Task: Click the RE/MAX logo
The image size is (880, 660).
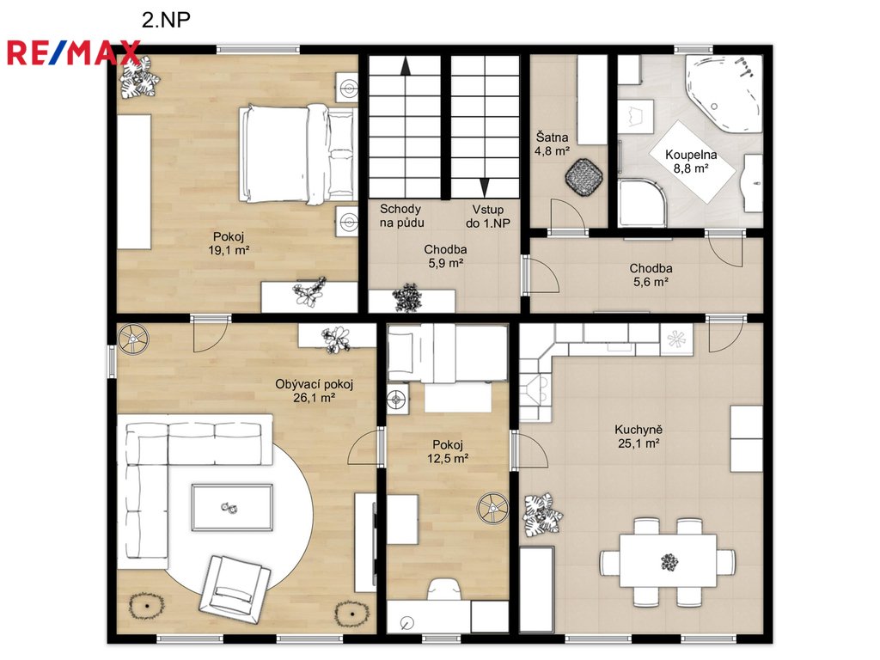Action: tap(74, 52)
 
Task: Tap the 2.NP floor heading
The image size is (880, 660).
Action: tap(166, 20)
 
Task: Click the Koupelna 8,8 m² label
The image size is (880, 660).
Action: tap(691, 161)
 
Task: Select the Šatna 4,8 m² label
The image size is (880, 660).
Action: tap(553, 144)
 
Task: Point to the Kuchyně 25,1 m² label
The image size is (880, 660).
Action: tap(639, 436)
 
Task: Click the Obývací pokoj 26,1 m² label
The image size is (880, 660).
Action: tap(315, 391)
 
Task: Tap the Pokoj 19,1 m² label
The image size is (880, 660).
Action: tap(229, 243)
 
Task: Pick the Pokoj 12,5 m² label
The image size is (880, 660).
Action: tap(448, 451)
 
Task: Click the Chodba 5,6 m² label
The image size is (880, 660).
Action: tap(651, 275)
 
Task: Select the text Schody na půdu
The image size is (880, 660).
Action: tap(401, 216)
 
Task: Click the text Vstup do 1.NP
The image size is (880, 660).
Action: tap(488, 216)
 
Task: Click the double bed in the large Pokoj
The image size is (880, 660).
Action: tap(298, 153)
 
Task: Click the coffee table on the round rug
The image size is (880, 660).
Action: tap(232, 507)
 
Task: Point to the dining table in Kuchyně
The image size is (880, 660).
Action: tap(668, 561)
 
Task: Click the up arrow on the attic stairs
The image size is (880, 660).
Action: tap(406, 65)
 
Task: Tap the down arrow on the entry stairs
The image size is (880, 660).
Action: tap(485, 186)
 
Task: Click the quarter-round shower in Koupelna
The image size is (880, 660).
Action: tap(643, 203)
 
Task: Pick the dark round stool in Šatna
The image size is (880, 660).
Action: tap(584, 177)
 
